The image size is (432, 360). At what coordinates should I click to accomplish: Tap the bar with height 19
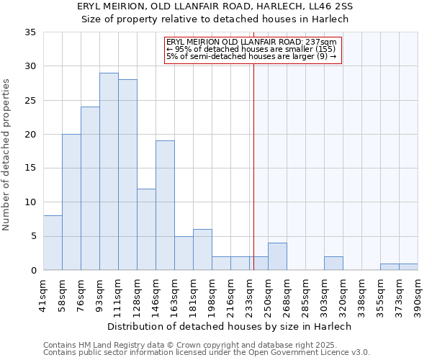[x=165, y=205]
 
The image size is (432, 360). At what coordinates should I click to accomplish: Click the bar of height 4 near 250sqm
[x=277, y=256]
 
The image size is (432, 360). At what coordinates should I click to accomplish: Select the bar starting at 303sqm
[x=333, y=263]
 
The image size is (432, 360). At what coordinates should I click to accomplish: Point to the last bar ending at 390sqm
[x=408, y=266]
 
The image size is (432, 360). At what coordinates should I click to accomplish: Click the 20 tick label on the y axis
[x=30, y=135]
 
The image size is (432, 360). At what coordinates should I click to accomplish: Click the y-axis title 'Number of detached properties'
[x=7, y=155]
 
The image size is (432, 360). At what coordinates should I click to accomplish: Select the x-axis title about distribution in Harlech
[x=230, y=326]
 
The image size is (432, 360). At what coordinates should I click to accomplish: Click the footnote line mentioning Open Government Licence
[x=207, y=353]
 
